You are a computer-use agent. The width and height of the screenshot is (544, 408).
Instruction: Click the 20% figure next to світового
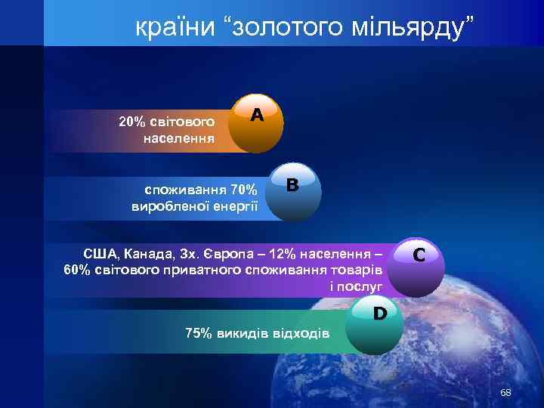(132, 121)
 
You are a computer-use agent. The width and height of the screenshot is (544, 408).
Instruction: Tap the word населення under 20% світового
(178, 138)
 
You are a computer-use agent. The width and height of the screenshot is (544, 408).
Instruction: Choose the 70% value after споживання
(243, 189)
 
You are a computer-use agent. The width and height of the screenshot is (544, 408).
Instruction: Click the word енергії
(236, 206)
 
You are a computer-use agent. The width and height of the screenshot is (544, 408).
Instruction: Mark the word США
(98, 253)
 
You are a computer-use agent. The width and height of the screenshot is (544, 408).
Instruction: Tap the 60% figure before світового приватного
(79, 270)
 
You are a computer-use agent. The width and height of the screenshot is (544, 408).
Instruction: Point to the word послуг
(361, 286)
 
